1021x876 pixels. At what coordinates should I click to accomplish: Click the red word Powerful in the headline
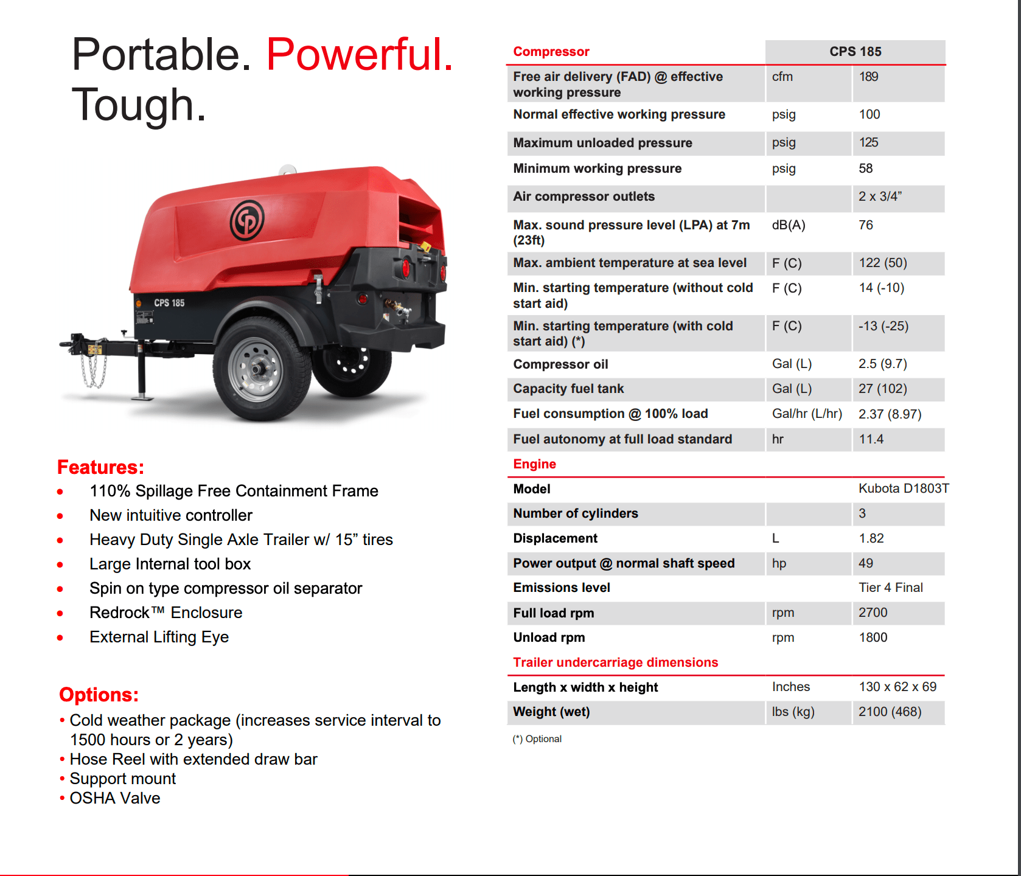click(x=360, y=55)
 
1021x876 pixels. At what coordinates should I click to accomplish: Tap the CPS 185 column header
click(x=855, y=52)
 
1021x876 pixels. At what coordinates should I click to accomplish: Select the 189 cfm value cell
click(x=868, y=77)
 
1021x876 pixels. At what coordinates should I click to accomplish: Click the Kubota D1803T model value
click(x=903, y=488)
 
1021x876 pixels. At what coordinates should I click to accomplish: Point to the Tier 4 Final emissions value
click(x=890, y=588)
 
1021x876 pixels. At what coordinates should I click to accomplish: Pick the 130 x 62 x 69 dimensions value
click(x=897, y=687)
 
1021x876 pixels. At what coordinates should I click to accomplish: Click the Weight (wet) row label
click(x=551, y=712)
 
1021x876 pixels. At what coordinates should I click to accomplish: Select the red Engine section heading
click(x=534, y=464)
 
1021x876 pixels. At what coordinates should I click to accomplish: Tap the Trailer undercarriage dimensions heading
click(x=615, y=662)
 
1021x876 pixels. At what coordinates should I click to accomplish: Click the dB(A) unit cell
click(x=788, y=225)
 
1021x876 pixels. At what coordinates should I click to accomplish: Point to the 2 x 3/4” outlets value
click(x=880, y=196)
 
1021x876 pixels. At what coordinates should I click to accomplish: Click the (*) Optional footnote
click(x=537, y=739)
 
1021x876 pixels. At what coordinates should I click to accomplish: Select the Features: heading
click(x=100, y=467)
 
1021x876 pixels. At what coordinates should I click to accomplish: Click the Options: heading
click(x=99, y=695)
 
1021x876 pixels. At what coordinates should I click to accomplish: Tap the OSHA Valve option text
click(x=115, y=798)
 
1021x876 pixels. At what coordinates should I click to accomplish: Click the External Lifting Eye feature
click(x=159, y=637)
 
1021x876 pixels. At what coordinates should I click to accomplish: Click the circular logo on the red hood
click(x=246, y=220)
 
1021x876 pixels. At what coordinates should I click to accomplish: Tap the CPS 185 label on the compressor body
click(x=169, y=303)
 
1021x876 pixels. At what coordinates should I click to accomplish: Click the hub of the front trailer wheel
click(x=258, y=369)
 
